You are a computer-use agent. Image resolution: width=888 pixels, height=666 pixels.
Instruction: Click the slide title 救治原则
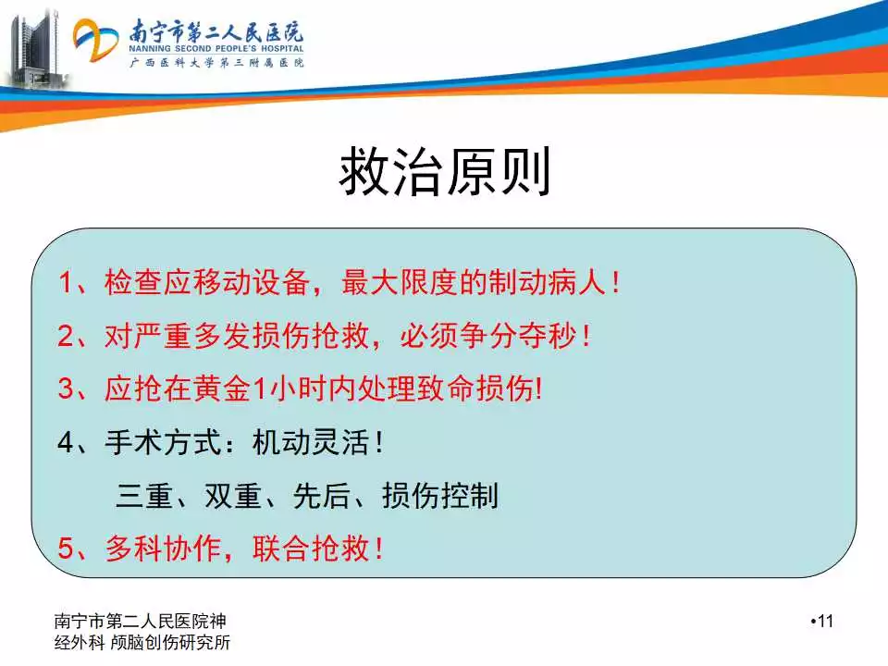coord(445,171)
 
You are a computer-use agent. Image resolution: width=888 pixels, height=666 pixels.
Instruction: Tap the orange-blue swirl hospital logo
coord(95,40)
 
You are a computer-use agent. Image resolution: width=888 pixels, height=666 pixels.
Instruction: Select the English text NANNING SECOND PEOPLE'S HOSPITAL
coord(216,49)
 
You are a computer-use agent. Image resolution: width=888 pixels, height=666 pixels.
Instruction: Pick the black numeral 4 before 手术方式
coord(67,442)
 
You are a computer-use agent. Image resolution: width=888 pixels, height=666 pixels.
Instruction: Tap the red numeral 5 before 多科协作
coord(67,549)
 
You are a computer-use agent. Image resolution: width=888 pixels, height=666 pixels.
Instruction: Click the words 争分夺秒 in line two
coord(489,335)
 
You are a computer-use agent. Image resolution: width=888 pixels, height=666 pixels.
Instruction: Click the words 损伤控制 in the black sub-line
coord(440,496)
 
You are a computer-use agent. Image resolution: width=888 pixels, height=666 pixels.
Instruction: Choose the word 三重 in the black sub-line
coord(144,496)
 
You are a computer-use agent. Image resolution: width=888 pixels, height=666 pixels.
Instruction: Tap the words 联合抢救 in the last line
coord(311,549)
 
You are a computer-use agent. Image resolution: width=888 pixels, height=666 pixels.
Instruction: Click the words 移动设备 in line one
coord(252,282)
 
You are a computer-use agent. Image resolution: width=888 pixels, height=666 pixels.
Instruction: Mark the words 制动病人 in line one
coord(547,282)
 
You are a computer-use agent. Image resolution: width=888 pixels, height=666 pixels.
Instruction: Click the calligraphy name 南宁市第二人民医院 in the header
coord(216,31)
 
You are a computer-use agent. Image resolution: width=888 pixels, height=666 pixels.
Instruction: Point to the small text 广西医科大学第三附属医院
coord(216,62)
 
